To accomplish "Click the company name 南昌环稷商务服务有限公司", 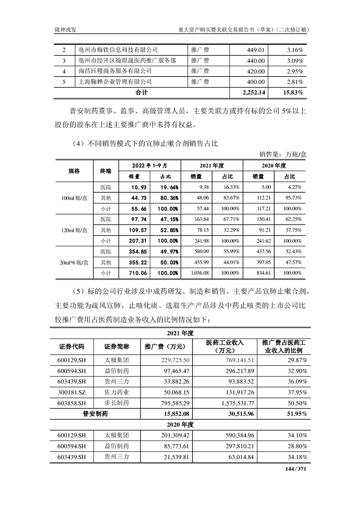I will [x=114, y=71].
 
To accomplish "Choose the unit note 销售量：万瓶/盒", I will [x=283, y=154].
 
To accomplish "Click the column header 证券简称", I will [x=117, y=347].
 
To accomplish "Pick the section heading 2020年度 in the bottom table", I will [x=180, y=425].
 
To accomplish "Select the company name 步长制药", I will [x=117, y=403].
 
